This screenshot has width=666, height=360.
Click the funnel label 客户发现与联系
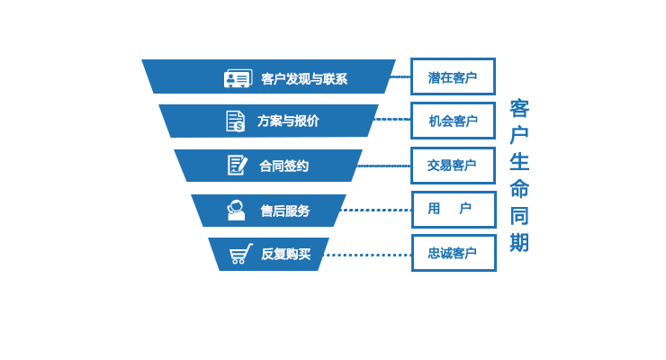coord(303,79)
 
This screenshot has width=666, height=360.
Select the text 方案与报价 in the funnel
coord(288,121)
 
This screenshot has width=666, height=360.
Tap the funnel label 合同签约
coord(283,166)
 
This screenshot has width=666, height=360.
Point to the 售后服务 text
coord(285,211)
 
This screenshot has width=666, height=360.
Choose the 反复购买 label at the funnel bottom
coord(285,254)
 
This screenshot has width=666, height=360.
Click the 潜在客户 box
coord(453,77)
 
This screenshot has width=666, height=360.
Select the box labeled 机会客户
coord(453,121)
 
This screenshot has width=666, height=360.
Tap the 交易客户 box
coord(453,166)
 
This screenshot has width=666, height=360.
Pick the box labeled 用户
coord(453,209)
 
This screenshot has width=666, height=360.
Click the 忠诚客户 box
coord(453,253)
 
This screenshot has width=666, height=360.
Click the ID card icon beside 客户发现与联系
coord(238,79)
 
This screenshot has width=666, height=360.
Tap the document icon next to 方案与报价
coord(235,121)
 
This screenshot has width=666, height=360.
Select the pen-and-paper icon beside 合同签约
coord(237,165)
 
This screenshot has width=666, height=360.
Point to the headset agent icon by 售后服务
coord(236,210)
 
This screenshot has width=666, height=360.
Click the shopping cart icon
coord(240,254)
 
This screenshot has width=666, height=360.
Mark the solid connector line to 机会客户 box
coord(392,119)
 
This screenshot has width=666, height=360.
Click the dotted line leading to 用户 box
coord(376,210)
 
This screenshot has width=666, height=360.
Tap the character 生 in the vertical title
coord(519,162)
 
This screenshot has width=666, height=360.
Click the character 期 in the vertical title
coord(519,243)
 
